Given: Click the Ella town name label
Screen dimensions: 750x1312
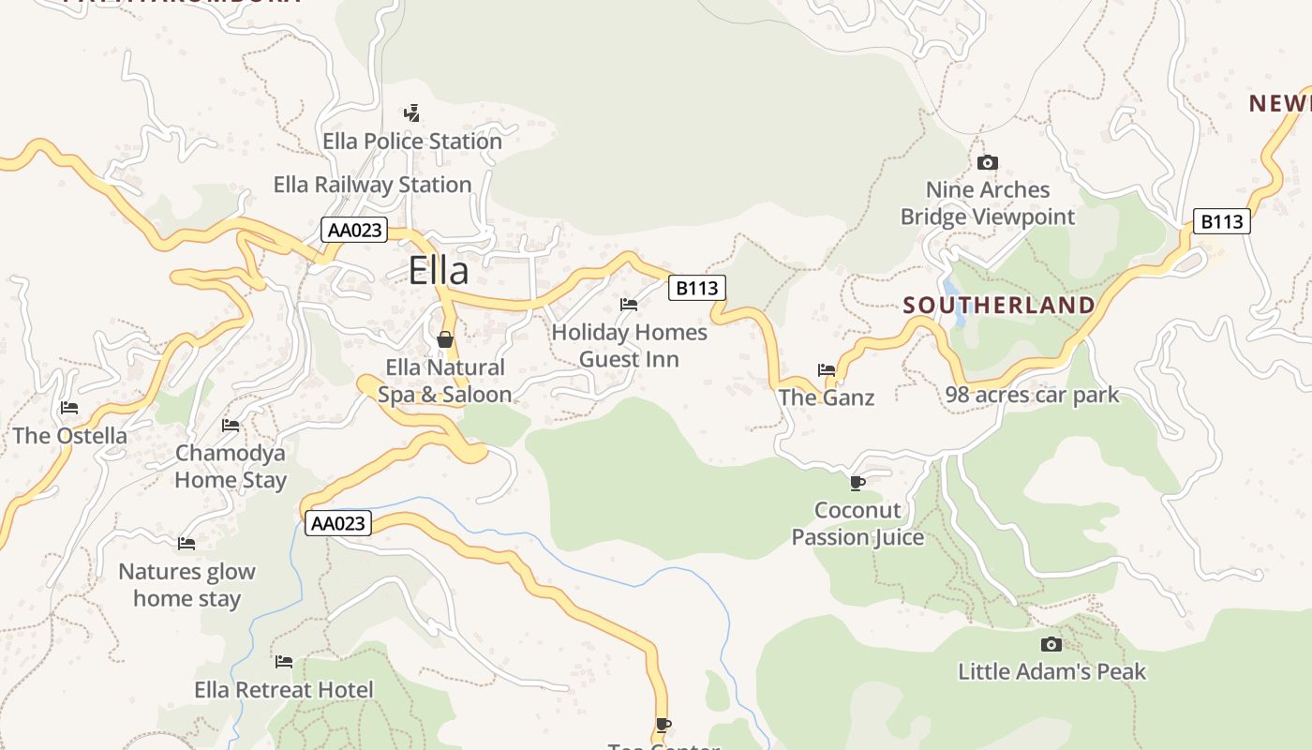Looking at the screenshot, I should pos(438,271).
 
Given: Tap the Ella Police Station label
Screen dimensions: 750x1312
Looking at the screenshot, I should pos(412,142).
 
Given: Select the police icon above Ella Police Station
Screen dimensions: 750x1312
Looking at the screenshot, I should pos(411,113).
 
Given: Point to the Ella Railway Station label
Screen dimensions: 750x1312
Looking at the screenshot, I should pos(372,185).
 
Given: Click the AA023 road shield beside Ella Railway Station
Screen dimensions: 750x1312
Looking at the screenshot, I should pos(354,230).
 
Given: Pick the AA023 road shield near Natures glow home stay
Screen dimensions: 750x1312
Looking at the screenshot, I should pos(338,523).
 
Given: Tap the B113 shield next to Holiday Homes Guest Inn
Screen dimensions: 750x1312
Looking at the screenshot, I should pos(697,288).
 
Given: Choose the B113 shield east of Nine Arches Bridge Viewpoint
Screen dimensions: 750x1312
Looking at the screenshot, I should pos(1222,221).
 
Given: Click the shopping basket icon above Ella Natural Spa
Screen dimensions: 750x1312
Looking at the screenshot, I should pos(445,338).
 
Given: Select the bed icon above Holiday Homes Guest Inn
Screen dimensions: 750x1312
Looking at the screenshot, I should pos(629,305).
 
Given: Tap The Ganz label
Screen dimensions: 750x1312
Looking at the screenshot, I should pos(827,397).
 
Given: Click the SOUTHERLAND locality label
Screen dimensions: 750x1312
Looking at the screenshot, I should pos(999,305).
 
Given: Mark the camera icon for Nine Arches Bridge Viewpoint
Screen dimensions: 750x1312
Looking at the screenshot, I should pos(987,163).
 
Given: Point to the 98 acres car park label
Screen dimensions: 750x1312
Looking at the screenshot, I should pos(1032,395).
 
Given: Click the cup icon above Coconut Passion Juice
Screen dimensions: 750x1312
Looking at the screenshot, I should pos(857,484).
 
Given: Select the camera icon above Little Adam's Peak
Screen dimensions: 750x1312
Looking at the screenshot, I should pos(1051,644).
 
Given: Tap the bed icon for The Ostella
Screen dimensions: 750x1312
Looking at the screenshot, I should pos(69,408).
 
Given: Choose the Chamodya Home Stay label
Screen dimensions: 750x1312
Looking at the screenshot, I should pos(231,466).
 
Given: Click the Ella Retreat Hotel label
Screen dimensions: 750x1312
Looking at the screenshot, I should pos(284,690).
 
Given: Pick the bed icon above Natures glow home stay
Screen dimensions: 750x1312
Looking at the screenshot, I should pos(186,544).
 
